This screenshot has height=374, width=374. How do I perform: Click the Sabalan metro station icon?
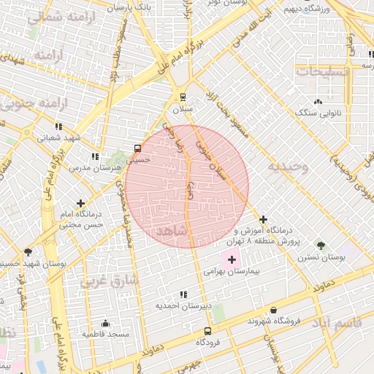coord(182,96)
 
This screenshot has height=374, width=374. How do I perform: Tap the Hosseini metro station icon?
coord(138,148)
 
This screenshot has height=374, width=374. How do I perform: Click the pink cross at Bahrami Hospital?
coord(232,259)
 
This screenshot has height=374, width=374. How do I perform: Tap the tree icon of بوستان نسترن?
coord(321,245)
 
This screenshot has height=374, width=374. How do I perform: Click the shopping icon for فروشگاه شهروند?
coord(273,310)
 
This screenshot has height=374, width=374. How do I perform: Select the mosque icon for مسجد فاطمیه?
coord(106,323)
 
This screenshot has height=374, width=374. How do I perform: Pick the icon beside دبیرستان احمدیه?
coord(182,294)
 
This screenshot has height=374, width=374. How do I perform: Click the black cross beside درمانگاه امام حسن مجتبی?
coord(80,203)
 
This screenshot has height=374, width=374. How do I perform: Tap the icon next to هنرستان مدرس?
coord(94,156)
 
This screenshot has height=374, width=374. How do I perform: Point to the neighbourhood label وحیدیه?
coord(288,167)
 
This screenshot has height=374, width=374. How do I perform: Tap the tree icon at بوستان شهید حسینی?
coord(28,252)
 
